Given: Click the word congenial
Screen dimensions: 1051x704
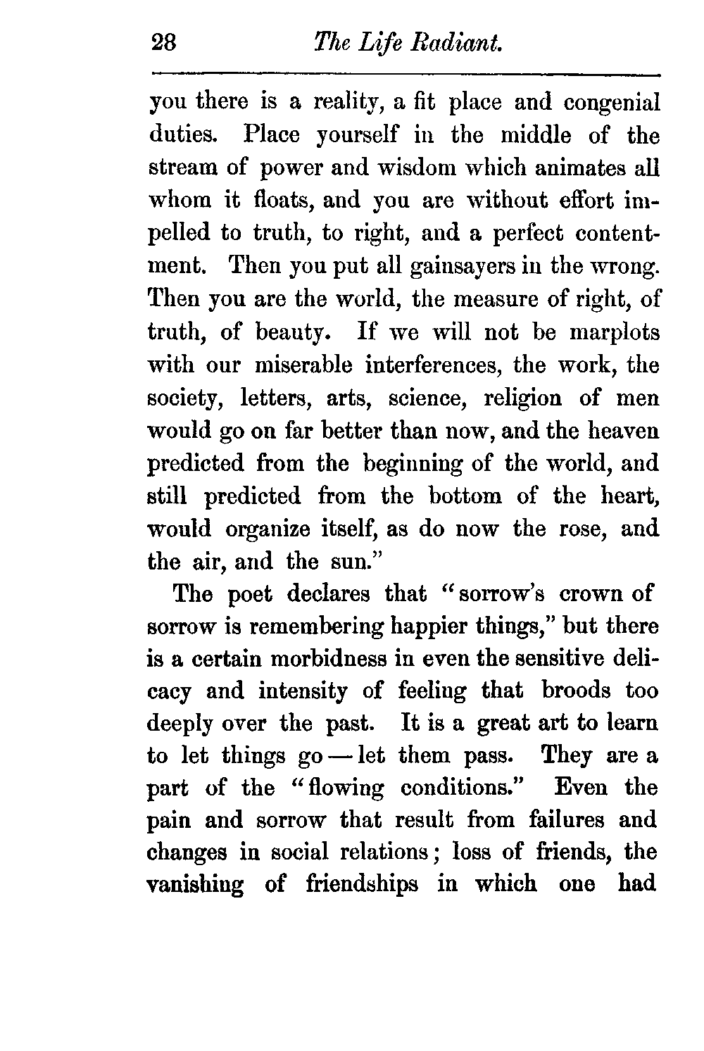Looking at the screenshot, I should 612,103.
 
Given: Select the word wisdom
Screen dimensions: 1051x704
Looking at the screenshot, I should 410,168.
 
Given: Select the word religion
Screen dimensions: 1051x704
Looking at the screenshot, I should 523,398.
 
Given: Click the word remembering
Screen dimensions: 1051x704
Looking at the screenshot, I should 311,626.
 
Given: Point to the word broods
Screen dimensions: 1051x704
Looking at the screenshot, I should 576,691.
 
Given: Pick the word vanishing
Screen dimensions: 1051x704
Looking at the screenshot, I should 195,884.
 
